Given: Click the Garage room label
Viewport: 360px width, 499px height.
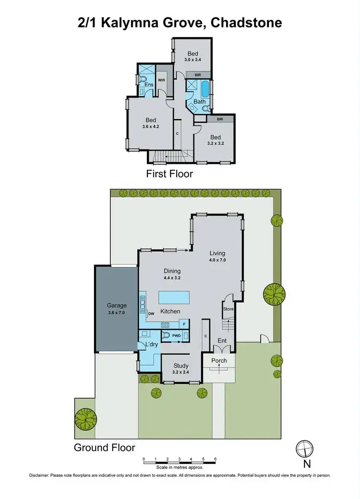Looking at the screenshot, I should click(x=117, y=305).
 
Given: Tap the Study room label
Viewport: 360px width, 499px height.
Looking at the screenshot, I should click(x=180, y=366).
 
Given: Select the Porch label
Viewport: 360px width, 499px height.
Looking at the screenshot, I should click(x=219, y=361).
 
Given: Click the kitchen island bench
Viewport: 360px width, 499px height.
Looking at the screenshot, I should click(x=174, y=296).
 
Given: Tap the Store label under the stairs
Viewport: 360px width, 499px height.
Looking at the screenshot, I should click(x=228, y=309).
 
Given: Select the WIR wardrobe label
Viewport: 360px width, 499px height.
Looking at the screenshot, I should click(x=162, y=80).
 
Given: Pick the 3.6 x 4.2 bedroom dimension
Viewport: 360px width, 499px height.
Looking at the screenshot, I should click(x=150, y=127).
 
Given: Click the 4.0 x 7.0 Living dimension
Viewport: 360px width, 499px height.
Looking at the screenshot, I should click(x=217, y=260).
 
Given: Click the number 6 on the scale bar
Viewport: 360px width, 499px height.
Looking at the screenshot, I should click(x=216, y=459).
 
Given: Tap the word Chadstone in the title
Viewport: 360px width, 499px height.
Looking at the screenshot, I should click(x=245, y=23).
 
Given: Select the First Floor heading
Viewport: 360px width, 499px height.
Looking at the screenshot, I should click(x=169, y=173).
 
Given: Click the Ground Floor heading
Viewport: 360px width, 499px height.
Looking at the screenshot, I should click(x=104, y=448).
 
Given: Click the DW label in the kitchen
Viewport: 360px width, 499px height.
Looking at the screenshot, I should click(x=151, y=314).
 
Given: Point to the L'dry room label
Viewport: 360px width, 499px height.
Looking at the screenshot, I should click(x=145, y=345).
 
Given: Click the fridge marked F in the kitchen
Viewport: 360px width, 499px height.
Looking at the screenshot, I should click(x=184, y=323).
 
